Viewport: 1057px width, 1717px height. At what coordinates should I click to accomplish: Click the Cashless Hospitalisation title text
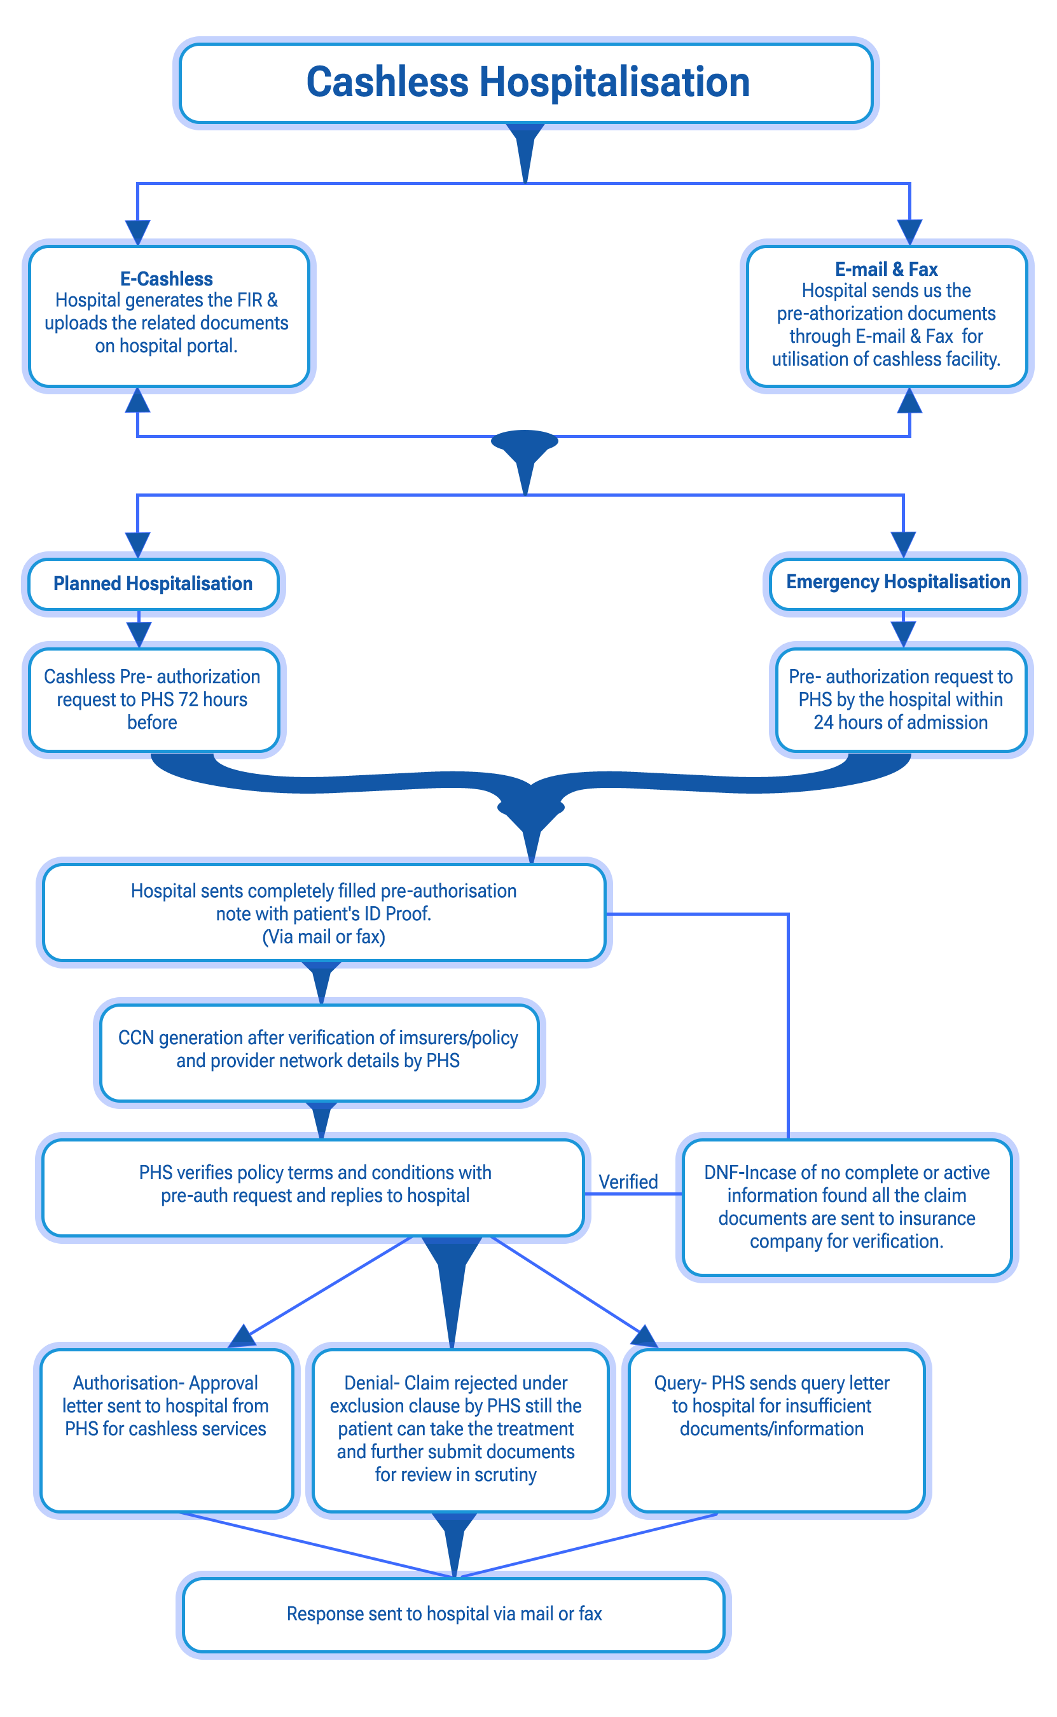coord(528,83)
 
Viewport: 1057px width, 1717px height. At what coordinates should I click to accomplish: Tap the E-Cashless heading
coord(167,279)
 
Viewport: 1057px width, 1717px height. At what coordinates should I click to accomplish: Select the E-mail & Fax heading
coord(886,269)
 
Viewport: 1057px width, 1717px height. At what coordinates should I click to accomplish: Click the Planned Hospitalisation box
coord(153,584)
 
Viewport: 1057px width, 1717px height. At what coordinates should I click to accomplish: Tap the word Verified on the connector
coord(628,1182)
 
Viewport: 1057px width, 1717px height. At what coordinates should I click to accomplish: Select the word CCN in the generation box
coord(135,1038)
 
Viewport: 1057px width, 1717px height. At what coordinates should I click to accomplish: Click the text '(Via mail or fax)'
coord(324,937)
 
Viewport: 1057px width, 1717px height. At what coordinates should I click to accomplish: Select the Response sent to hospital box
coord(453,1614)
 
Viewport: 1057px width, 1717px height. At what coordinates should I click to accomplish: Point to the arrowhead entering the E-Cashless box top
coord(138,233)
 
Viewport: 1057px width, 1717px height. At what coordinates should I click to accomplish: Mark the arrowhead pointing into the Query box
coord(644,1336)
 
